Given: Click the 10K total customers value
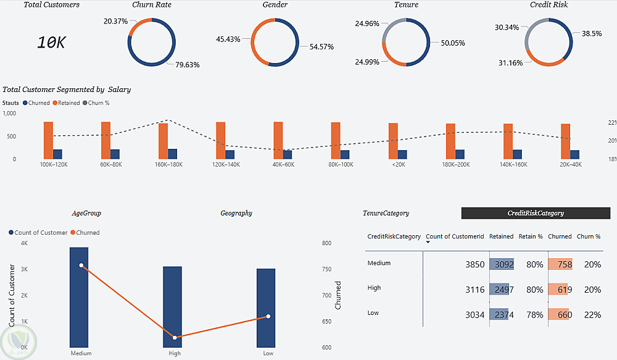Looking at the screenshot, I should (51, 43).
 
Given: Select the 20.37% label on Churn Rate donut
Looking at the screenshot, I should (116, 21).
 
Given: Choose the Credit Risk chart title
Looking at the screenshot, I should (549, 5).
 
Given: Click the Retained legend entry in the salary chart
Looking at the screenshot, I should (68, 103).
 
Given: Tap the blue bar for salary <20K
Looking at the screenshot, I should (402, 154).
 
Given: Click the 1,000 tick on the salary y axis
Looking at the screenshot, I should (9, 114).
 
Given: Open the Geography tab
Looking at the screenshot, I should (236, 214).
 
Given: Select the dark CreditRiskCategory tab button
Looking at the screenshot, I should (536, 213).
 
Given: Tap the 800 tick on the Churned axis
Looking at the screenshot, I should (326, 243).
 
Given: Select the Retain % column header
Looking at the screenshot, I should (531, 237).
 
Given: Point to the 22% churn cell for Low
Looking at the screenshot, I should (592, 315).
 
